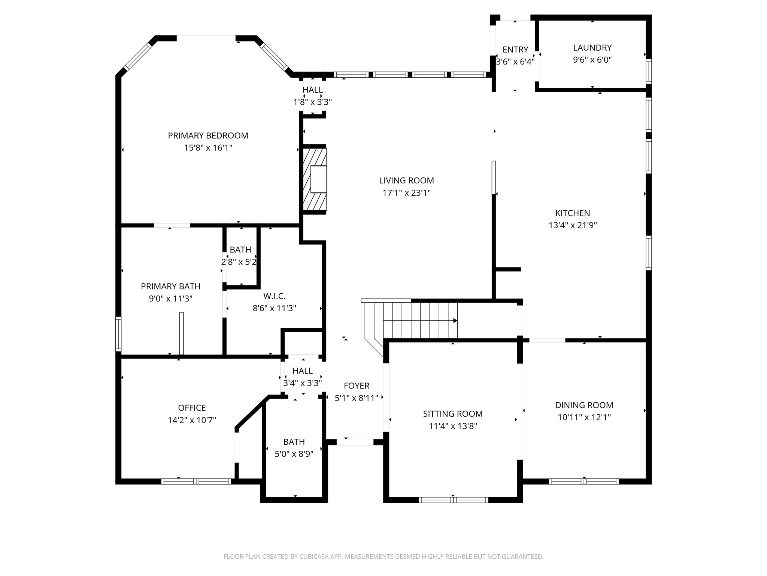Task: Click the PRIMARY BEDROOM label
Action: click(x=208, y=136)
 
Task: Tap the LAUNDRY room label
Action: click(x=592, y=48)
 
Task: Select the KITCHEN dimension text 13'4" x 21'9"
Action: click(x=573, y=225)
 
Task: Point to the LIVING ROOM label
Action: click(x=406, y=181)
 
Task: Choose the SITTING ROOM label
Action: click(x=453, y=414)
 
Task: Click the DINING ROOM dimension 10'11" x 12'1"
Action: click(x=584, y=417)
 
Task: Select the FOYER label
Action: click(x=357, y=386)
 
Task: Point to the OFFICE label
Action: click(x=192, y=408)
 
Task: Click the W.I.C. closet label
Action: click(x=275, y=296)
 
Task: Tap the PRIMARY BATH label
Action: click(x=170, y=286)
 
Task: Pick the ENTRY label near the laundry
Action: click(x=515, y=50)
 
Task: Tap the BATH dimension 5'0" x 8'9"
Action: click(x=294, y=454)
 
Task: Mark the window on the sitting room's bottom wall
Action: click(x=453, y=500)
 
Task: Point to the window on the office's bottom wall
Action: click(x=196, y=481)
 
